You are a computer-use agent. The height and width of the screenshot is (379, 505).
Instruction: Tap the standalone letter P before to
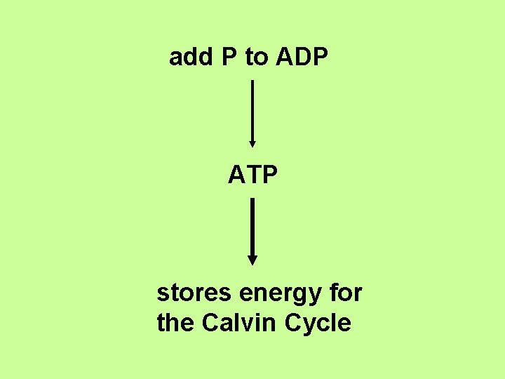coord(229,58)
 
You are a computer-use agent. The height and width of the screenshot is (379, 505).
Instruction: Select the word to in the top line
coord(256,58)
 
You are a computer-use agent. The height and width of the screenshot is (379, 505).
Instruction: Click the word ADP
coord(302,58)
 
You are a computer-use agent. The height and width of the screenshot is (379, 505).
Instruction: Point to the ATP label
coord(252,175)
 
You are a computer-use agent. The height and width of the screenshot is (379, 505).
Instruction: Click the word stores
coord(194,292)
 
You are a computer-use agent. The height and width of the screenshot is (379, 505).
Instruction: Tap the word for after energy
coord(345,292)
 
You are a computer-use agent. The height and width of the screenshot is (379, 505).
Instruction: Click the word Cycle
coord(318,324)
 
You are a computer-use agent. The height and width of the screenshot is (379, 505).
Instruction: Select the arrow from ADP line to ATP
coord(252,112)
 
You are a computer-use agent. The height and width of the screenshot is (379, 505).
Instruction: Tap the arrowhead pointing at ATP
coord(252,143)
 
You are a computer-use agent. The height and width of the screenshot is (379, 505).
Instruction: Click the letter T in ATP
coord(252,175)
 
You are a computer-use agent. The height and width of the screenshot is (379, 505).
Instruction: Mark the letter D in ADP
coord(302,58)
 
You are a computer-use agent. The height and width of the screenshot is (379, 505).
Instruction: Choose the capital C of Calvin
coord(210,323)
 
